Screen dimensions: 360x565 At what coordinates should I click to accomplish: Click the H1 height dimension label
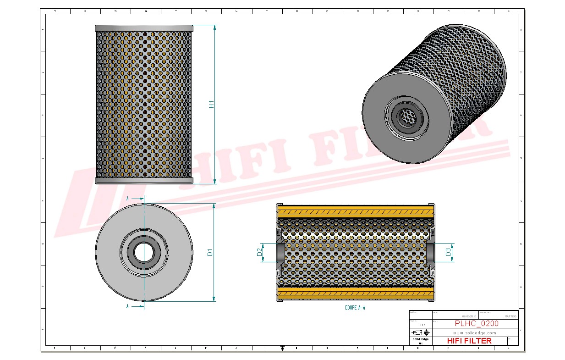tap(211, 105)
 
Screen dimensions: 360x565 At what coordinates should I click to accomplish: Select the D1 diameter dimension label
tap(210, 252)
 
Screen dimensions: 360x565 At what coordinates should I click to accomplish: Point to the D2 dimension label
tap(259, 252)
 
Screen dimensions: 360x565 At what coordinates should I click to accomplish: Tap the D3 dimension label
tap(448, 252)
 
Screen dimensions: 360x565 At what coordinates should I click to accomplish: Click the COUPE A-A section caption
tap(355, 308)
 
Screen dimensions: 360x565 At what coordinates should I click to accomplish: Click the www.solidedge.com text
tap(475, 332)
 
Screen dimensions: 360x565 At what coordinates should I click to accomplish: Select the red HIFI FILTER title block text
tap(469, 341)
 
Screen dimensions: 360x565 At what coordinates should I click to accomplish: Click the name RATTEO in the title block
tap(510, 316)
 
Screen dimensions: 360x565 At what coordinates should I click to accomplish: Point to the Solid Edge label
tap(420, 339)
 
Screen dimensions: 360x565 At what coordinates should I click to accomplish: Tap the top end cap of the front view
tap(144, 28)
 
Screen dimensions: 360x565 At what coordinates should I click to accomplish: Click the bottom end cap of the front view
tap(144, 181)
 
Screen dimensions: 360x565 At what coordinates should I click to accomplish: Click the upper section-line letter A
tap(127, 199)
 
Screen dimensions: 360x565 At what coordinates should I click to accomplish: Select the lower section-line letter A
tap(127, 306)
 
